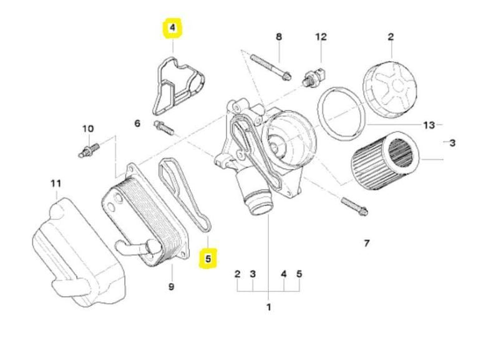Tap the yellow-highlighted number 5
(208, 257)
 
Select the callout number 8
(280, 37)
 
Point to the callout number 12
(321, 37)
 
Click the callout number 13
(429, 125)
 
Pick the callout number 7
(366, 243)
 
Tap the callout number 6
(137, 124)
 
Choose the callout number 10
(88, 129)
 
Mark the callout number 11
(56, 183)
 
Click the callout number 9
(171, 286)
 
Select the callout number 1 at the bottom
(269, 307)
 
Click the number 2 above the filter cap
(391, 37)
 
